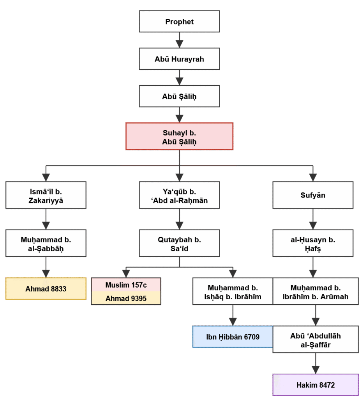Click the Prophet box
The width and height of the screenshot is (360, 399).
pyautogui.click(x=179, y=21)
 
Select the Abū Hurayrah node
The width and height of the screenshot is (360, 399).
pyautogui.click(x=179, y=59)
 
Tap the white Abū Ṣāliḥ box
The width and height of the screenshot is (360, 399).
pyautogui.click(x=179, y=97)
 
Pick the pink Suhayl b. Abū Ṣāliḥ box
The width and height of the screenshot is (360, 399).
pyautogui.click(x=179, y=136)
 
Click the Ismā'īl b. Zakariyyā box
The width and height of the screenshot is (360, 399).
pyautogui.click(x=46, y=195)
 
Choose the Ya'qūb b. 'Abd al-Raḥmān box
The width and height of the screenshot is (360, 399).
pyautogui.click(x=179, y=195)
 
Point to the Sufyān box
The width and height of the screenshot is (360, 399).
pyautogui.click(x=313, y=195)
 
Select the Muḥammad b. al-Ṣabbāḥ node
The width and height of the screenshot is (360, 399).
pyautogui.click(x=46, y=244)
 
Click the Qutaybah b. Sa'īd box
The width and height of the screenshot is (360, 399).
pyautogui.click(x=179, y=244)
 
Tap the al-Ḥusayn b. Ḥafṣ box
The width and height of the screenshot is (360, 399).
pyautogui.click(x=313, y=244)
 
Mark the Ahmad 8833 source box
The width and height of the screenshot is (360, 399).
pyautogui.click(x=46, y=289)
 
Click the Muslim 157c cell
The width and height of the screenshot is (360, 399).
pyautogui.click(x=126, y=285)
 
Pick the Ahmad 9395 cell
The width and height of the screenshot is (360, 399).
pyautogui.click(x=126, y=298)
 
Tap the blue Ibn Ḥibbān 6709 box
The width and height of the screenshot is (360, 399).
pyautogui.click(x=233, y=337)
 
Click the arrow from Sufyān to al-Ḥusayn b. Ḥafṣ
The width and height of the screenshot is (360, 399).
pyautogui.click(x=313, y=219)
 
